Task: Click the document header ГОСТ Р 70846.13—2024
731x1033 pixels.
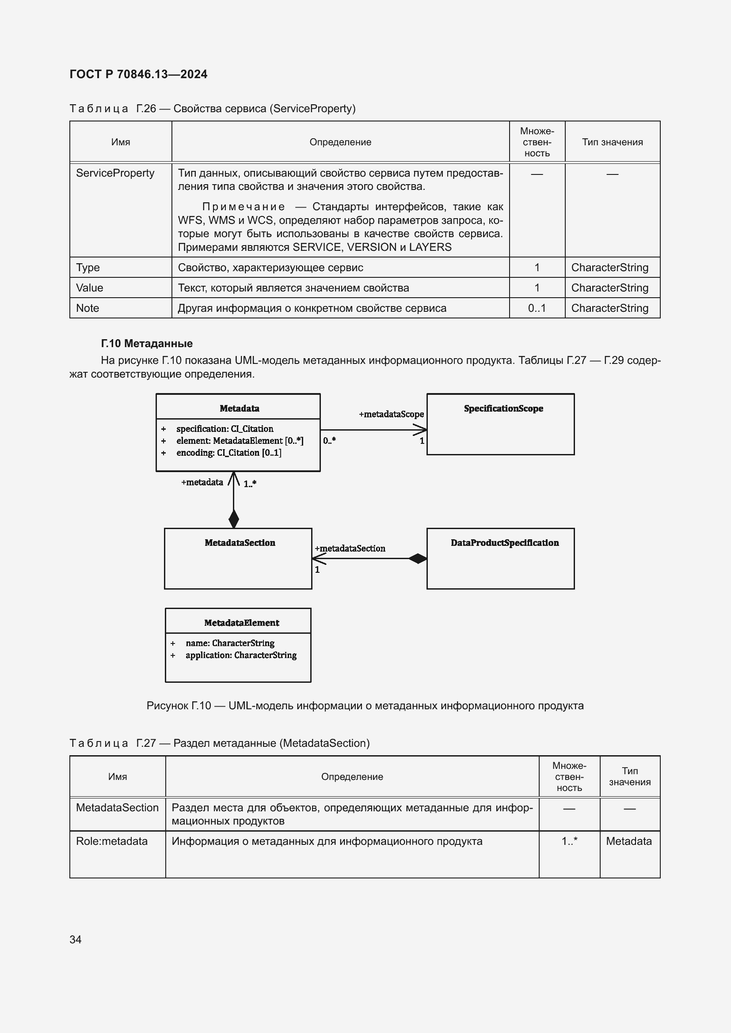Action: tap(138, 74)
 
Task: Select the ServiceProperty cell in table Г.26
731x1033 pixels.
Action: tap(115, 173)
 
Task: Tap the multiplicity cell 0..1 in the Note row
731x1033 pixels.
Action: tap(537, 308)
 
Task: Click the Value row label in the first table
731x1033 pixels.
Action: tap(90, 288)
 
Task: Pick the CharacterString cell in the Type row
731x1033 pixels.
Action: tap(609, 268)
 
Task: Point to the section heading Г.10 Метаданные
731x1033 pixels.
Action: tap(146, 343)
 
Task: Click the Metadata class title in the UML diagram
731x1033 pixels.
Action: tap(239, 409)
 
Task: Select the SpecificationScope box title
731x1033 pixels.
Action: tap(503, 409)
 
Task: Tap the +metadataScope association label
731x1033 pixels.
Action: tap(391, 414)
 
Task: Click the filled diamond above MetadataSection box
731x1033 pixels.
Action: tap(234, 519)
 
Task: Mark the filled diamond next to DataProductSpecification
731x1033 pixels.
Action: tap(417, 558)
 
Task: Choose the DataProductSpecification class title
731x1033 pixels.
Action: tap(504, 543)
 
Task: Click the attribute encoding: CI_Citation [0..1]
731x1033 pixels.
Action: tap(228, 453)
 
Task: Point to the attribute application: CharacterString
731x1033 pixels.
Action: tap(241, 655)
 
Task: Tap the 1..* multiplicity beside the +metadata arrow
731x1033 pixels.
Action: tap(250, 484)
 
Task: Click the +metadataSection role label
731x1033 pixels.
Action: tap(350, 549)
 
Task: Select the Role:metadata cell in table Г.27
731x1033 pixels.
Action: tap(112, 841)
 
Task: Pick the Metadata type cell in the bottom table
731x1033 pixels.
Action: tap(628, 841)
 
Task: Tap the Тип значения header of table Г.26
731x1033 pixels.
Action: tap(612, 142)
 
